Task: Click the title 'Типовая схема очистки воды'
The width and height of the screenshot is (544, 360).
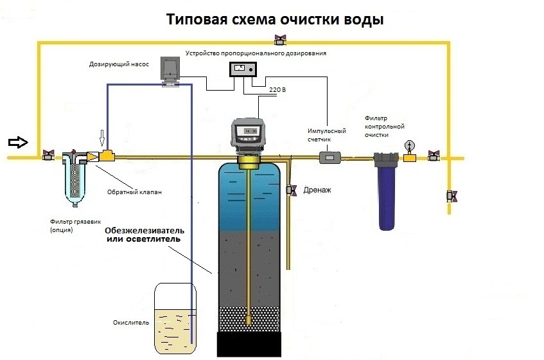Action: click(x=275, y=19)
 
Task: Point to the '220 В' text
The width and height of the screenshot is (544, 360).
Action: click(x=277, y=89)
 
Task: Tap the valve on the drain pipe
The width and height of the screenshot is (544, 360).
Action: click(x=292, y=190)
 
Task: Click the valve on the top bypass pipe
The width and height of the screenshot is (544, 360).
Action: click(x=279, y=40)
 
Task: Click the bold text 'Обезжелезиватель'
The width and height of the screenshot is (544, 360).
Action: click(x=145, y=230)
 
